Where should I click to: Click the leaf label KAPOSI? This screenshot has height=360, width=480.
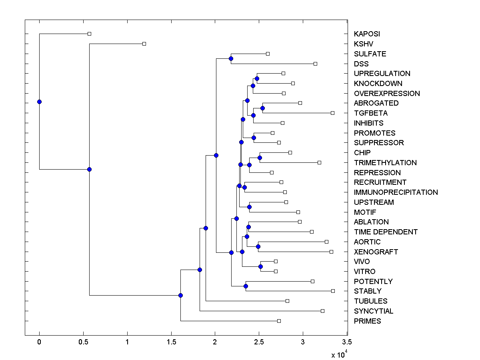click(366, 34)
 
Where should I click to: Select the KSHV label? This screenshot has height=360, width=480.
click(363, 44)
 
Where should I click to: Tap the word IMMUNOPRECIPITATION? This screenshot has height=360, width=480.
click(396, 192)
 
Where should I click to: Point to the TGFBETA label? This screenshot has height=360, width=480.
click(370, 113)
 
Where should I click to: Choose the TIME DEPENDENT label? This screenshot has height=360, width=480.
click(386, 232)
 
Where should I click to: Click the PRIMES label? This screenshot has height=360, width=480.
click(367, 321)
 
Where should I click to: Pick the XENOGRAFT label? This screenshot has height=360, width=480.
click(376, 252)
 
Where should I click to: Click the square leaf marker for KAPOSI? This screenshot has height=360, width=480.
click(89, 34)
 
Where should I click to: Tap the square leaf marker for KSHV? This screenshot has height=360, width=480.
click(144, 44)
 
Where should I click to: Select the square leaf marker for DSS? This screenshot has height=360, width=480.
click(315, 64)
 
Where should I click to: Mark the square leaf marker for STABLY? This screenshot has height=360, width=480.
click(333, 291)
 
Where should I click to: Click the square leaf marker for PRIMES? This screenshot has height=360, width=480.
click(279, 321)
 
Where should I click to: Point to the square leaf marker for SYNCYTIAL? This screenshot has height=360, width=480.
click(323, 311)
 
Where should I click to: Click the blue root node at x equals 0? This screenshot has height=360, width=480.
click(39, 102)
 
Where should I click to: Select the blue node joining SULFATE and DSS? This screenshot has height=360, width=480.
click(231, 59)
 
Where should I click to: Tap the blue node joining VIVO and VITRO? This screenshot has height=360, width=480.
click(260, 266)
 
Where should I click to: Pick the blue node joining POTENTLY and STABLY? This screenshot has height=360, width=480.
click(246, 286)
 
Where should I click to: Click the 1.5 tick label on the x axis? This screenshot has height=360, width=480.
click(171, 342)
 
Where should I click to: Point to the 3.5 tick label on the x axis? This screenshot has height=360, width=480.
click(347, 342)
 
